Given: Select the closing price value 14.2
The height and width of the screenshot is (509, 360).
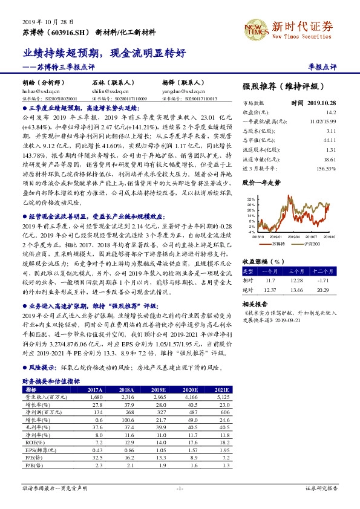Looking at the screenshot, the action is [330, 112].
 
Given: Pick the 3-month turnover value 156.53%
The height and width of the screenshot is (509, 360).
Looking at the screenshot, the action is [325, 167].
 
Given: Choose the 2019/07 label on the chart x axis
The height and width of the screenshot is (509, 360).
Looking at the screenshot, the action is [309, 237].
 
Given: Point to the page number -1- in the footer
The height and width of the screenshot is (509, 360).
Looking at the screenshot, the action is [180, 487].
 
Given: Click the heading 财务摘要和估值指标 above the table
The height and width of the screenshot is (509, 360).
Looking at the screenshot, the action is [51, 381].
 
